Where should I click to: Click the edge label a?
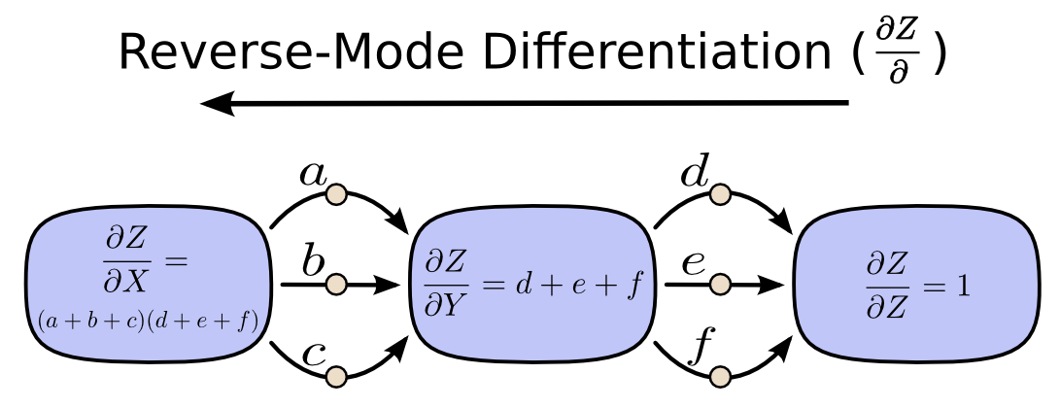pyautogui.click(x=313, y=175)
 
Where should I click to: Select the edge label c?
pyautogui.click(x=312, y=352)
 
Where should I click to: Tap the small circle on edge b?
pyautogui.click(x=336, y=285)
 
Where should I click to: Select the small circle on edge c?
pyautogui.click(x=336, y=376)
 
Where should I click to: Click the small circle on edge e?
pyautogui.click(x=720, y=285)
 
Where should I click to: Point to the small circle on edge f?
pyautogui.click(x=720, y=376)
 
